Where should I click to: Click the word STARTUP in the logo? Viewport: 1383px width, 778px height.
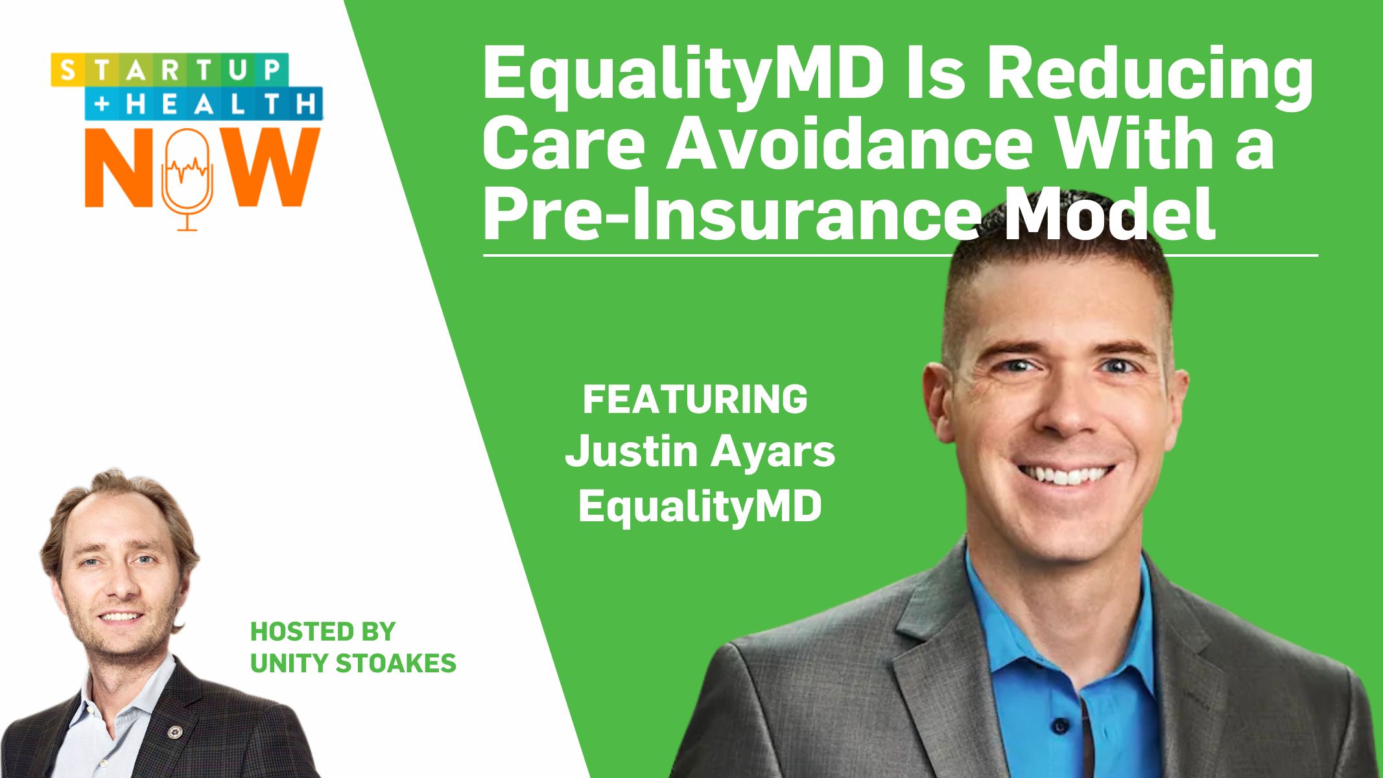(x=170, y=69)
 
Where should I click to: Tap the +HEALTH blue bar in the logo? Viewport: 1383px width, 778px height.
(x=204, y=104)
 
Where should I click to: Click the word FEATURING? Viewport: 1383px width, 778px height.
(x=694, y=399)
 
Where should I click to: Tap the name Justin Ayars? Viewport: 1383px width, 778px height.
(x=700, y=451)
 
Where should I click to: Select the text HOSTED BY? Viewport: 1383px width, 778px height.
(x=322, y=631)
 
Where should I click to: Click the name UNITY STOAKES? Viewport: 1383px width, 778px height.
(x=353, y=663)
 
